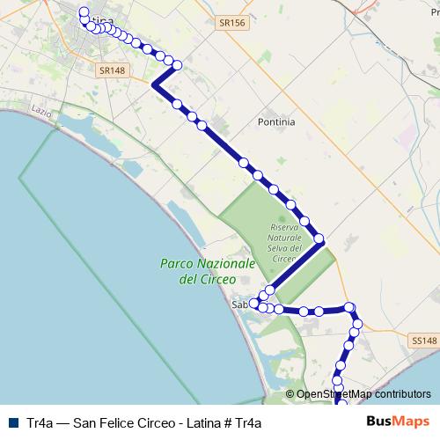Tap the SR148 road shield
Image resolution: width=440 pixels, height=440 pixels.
point(111,70)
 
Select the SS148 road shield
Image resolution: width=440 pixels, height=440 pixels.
point(423,340)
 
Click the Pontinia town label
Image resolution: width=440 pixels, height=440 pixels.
point(276,122)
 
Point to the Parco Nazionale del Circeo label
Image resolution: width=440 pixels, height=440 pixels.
point(208,271)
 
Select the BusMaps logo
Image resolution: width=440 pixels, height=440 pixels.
point(398,422)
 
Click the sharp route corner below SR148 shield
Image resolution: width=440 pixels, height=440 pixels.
point(155,84)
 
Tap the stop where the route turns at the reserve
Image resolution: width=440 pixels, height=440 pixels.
point(319,238)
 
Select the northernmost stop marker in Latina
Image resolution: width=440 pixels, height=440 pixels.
point(84,11)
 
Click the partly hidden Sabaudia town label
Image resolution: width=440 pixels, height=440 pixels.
point(240,305)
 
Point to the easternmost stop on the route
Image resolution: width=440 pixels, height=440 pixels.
point(357,321)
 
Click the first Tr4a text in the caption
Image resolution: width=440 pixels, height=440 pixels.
point(40,422)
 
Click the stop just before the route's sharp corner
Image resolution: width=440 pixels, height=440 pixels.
point(178,64)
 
